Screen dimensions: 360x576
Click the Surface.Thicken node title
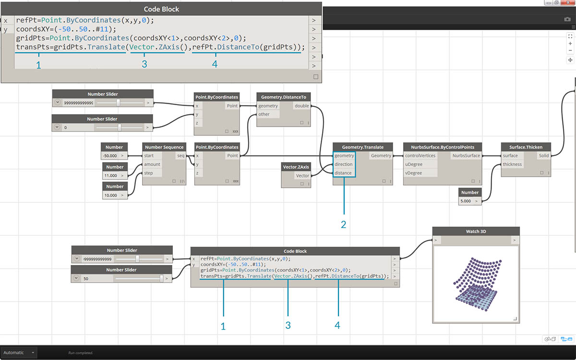click(x=526, y=147)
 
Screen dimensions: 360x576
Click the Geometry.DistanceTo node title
click(x=283, y=97)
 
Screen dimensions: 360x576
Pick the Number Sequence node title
click(x=164, y=147)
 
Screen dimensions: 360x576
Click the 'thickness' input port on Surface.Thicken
click(x=512, y=164)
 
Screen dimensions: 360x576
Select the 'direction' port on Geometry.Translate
click(x=344, y=164)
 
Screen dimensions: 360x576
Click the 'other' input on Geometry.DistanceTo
click(x=264, y=114)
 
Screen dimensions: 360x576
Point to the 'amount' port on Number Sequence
click(x=152, y=164)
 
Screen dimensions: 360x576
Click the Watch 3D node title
click(x=476, y=231)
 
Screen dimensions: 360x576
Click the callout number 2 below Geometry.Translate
click(x=344, y=224)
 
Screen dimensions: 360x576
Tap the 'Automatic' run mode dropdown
click(x=19, y=352)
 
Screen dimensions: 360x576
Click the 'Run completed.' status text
click(x=81, y=353)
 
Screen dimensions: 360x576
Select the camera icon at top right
click(x=567, y=19)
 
